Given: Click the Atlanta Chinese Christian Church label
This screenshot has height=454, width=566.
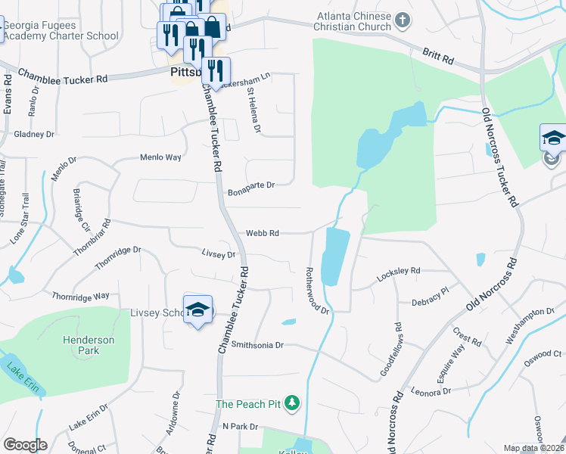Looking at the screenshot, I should (x=354, y=23).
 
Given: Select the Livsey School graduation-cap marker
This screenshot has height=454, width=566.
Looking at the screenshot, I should (x=198, y=310).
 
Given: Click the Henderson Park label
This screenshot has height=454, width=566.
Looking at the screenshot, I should (x=89, y=346).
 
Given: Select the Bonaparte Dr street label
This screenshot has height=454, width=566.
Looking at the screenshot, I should (x=250, y=185).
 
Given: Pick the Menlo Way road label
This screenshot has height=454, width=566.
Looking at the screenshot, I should (x=160, y=157).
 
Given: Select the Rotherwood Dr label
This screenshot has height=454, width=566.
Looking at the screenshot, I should (x=317, y=290).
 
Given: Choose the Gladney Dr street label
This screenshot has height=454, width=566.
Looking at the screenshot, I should (x=34, y=134).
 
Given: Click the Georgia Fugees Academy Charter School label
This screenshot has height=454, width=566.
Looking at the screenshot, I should (x=61, y=30).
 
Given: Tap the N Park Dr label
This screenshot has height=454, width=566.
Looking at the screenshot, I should (x=241, y=427).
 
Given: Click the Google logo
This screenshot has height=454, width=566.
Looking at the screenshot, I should (x=25, y=445).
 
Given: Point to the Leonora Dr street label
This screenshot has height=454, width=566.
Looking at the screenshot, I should (x=431, y=391).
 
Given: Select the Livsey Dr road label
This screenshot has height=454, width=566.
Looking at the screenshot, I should (x=219, y=254).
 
